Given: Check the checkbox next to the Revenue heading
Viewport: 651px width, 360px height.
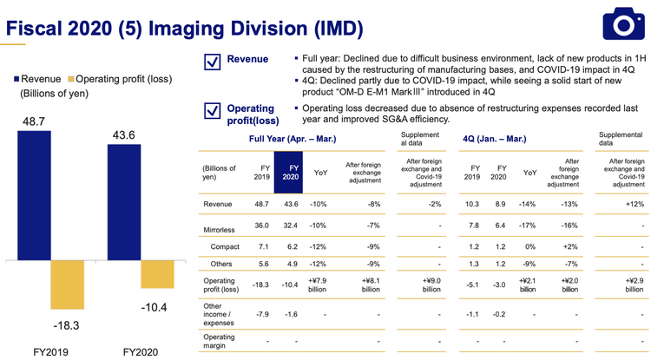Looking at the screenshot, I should click(x=210, y=62).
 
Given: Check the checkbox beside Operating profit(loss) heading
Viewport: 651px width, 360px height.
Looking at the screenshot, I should click(x=210, y=111).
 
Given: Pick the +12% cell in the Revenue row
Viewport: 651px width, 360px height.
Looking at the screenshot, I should click(x=629, y=204).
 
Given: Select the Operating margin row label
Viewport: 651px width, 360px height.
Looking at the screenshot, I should click(x=219, y=341).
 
